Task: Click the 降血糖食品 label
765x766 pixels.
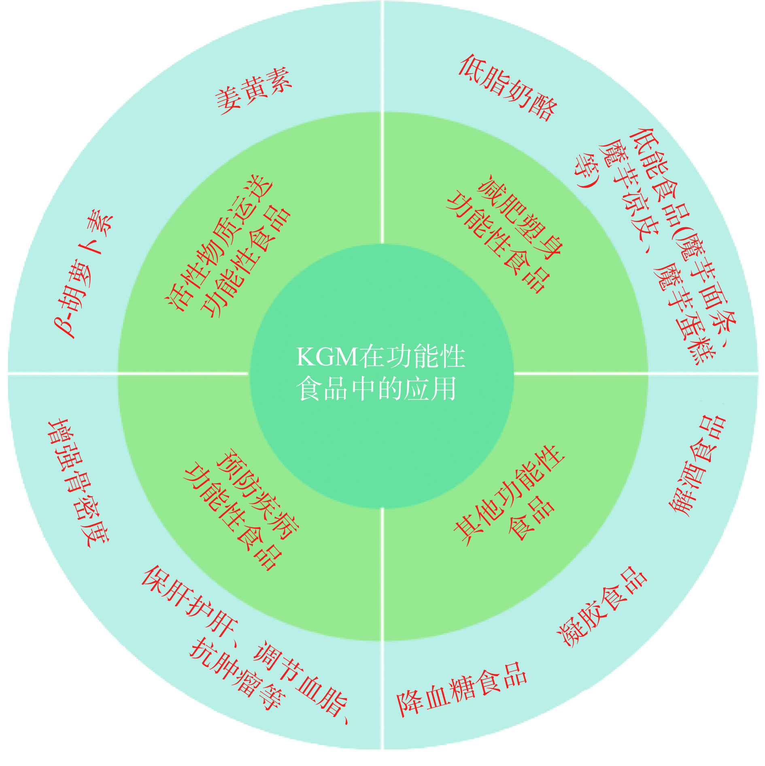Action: click(x=461, y=689)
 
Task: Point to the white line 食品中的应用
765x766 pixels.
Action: click(x=376, y=389)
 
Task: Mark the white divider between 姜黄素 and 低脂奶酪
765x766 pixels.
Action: click(x=382, y=57)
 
